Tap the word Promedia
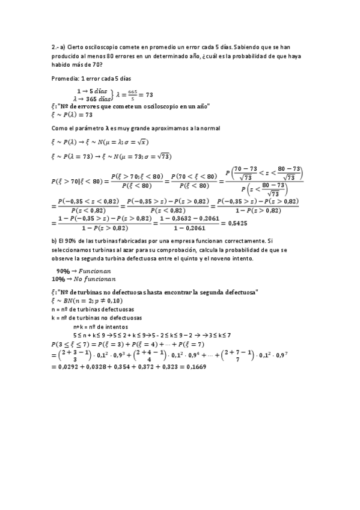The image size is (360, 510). (64, 79)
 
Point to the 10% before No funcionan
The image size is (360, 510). (58, 280)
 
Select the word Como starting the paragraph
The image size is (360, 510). (60, 128)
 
